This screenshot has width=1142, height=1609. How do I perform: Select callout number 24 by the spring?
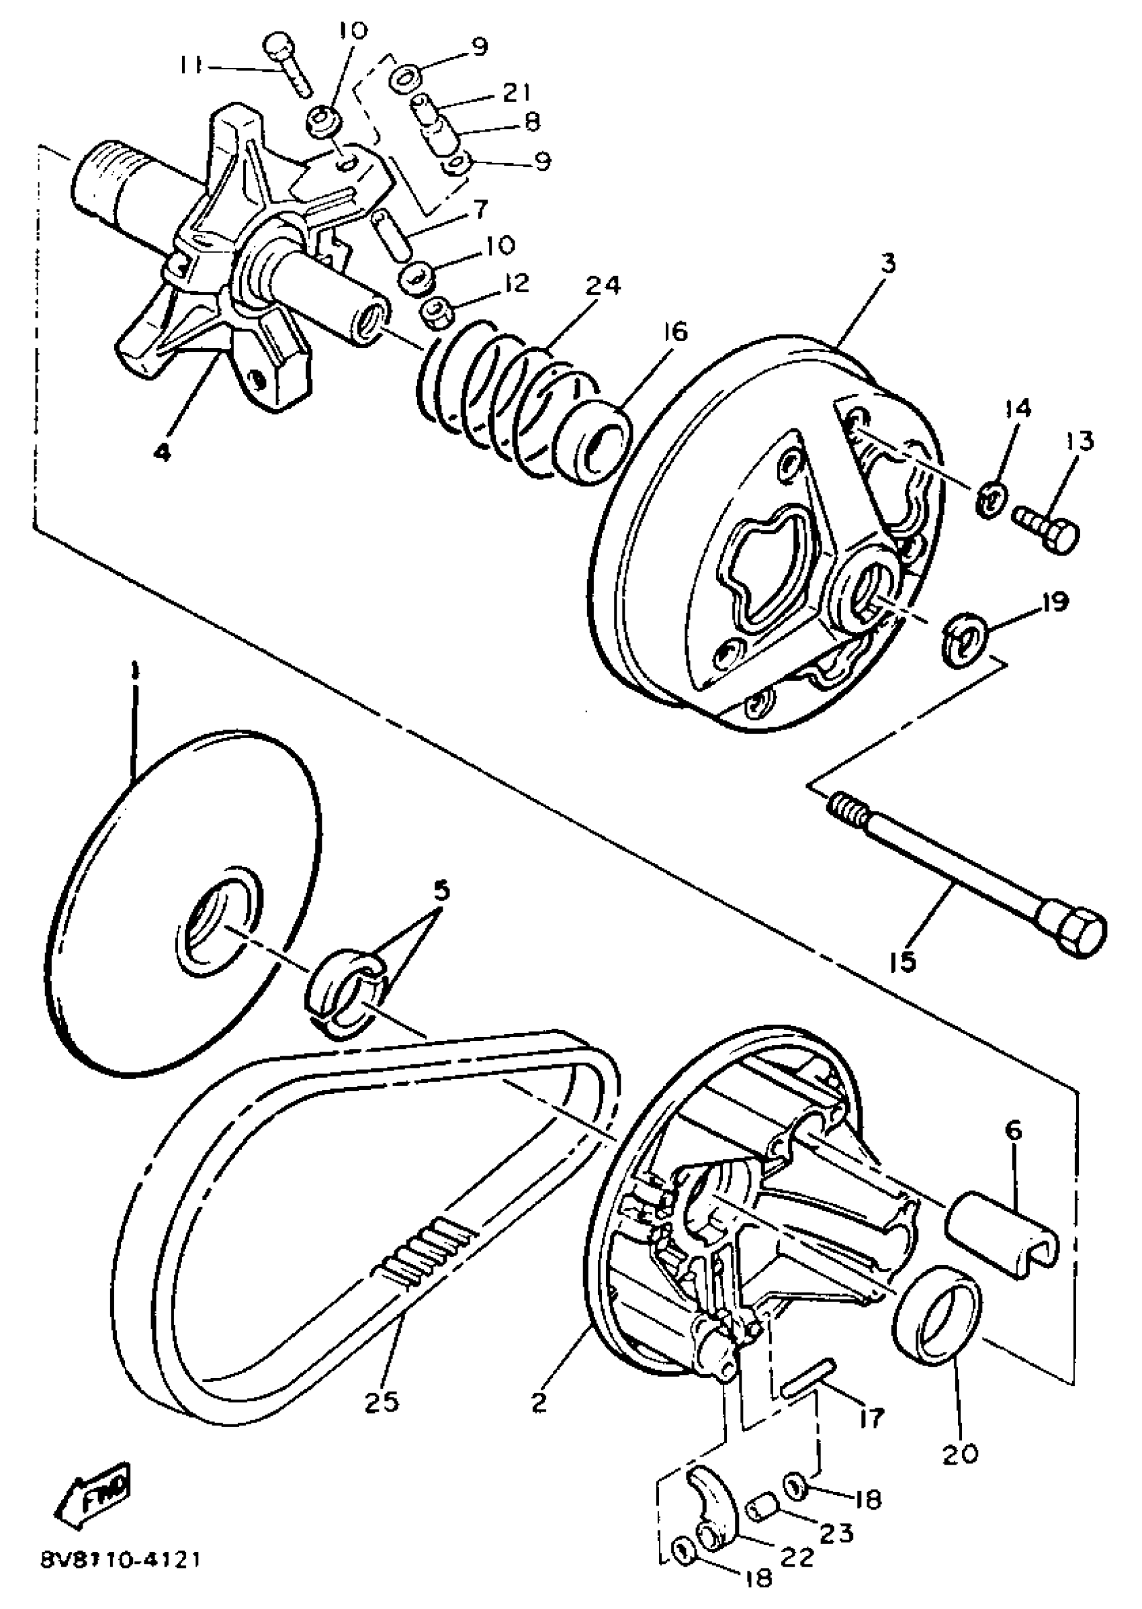click(x=603, y=286)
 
